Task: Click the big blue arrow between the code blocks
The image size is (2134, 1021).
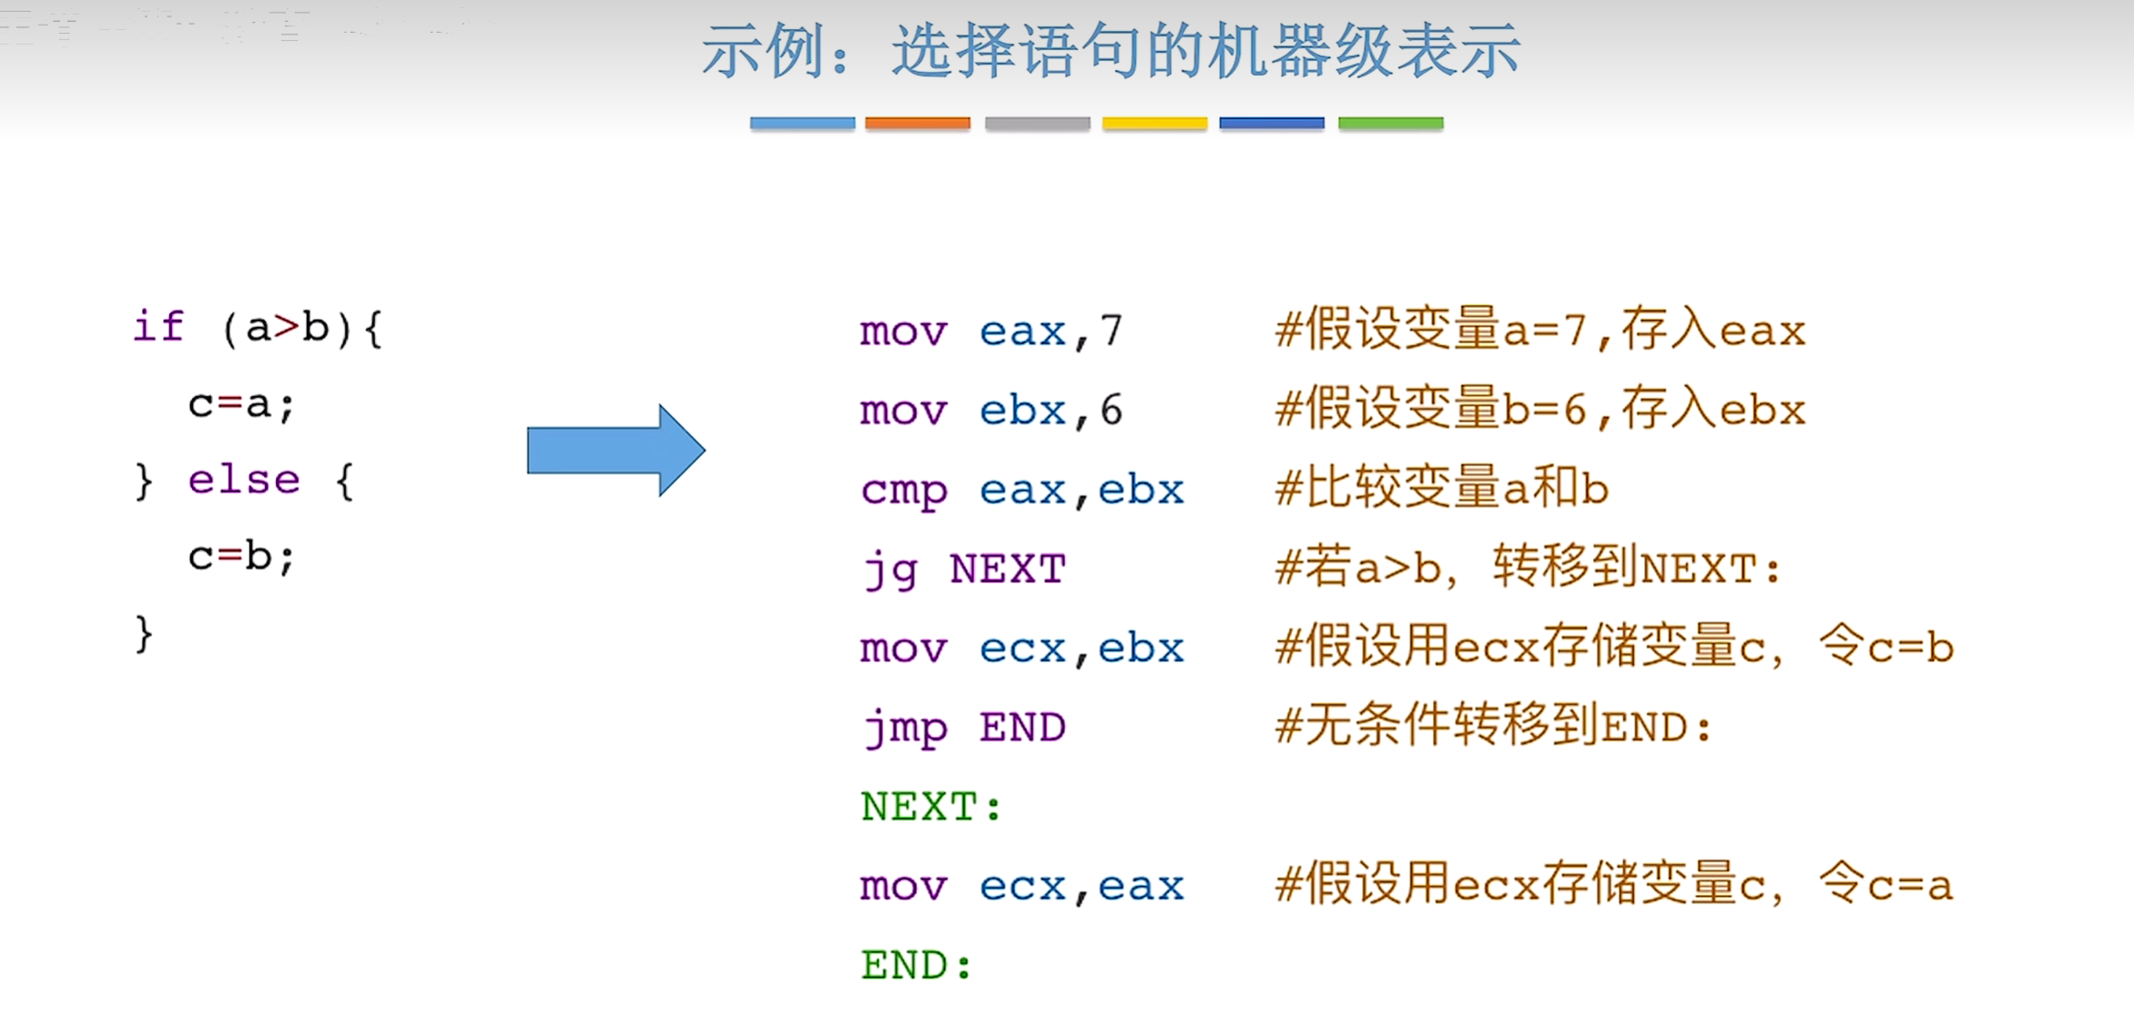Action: tap(616, 450)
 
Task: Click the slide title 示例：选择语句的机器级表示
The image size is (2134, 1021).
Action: tap(1111, 51)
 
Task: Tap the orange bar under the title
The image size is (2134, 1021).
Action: tap(917, 123)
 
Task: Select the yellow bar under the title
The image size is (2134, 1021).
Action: tap(1154, 123)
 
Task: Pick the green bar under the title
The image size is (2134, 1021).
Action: tap(1390, 123)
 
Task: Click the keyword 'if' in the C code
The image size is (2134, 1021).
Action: tap(158, 327)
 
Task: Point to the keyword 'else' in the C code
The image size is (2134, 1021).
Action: tap(244, 480)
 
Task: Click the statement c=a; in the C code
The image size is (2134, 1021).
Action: tap(241, 404)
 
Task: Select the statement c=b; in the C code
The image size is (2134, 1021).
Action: tap(241, 556)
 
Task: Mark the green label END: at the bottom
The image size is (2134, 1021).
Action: tap(916, 965)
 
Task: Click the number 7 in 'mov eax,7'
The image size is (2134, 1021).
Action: tap(1111, 332)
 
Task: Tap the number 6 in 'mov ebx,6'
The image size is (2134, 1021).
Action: tap(1111, 411)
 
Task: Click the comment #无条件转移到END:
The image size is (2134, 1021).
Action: tap(1493, 727)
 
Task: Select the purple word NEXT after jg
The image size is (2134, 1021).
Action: tap(1007, 570)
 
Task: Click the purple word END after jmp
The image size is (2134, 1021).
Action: tap(1022, 729)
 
